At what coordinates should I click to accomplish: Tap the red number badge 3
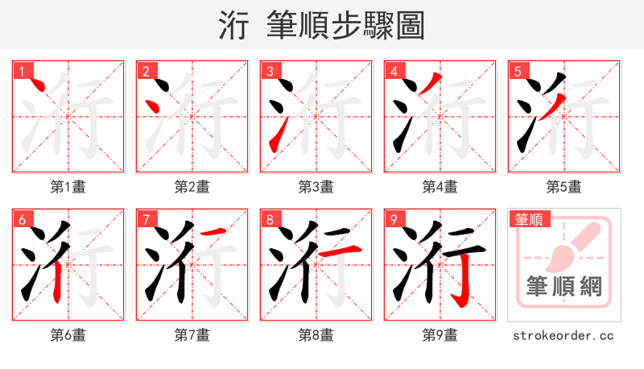click(x=270, y=72)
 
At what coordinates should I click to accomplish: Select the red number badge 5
click(x=518, y=72)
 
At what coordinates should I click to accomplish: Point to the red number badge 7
click(x=146, y=220)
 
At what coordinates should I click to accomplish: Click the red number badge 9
click(x=394, y=220)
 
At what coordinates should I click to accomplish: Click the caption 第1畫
click(x=68, y=186)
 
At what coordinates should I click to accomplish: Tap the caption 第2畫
click(x=192, y=186)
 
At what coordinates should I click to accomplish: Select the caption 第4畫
click(x=440, y=186)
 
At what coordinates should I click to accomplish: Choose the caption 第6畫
click(x=68, y=334)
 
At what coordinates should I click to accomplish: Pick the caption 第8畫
click(x=316, y=334)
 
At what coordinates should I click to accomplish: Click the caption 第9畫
click(x=440, y=334)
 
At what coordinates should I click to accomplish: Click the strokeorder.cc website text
click(x=564, y=334)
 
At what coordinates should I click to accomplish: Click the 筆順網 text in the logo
click(x=564, y=286)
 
